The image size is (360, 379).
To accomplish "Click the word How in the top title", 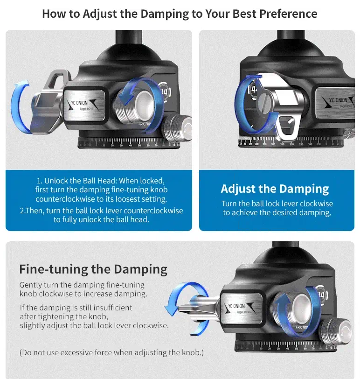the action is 54,14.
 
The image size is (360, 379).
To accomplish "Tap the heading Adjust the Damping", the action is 275,189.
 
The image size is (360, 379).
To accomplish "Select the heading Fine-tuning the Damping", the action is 93,269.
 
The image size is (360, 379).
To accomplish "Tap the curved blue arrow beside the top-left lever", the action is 19,107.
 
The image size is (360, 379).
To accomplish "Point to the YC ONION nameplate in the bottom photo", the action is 241,308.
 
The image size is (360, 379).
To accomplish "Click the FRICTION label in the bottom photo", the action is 302,327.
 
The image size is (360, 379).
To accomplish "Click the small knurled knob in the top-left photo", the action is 178,128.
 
